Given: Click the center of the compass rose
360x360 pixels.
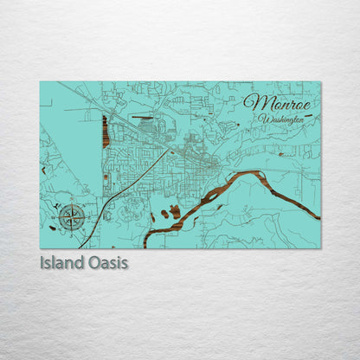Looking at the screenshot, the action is tap(73, 216).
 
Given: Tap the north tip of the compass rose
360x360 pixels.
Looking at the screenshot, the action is tap(73, 202).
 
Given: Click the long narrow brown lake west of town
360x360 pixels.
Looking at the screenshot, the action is tap(106, 132).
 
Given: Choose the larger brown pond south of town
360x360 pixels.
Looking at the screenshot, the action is tap(175, 211).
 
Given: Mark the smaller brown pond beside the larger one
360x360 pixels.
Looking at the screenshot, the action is tap(164, 214).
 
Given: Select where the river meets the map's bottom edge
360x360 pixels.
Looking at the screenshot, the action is tap(146, 246).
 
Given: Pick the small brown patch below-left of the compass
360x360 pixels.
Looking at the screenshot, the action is tap(54, 228).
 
